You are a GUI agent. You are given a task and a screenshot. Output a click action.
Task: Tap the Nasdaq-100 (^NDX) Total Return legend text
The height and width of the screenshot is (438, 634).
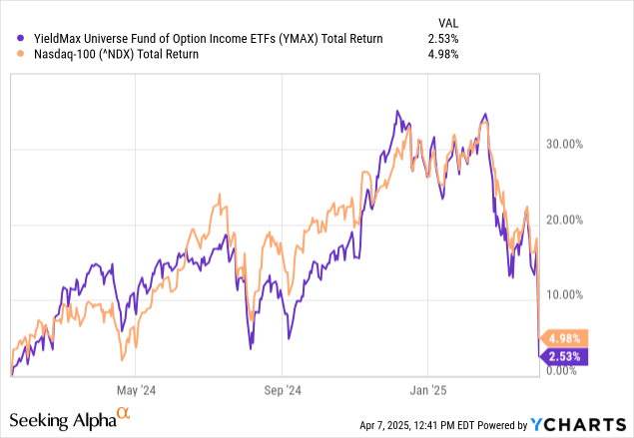pos(106,55)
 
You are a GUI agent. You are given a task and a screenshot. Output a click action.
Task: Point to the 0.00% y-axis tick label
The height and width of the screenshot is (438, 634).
pos(563,370)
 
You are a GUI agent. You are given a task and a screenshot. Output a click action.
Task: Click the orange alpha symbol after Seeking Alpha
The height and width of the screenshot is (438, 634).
pos(124,413)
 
